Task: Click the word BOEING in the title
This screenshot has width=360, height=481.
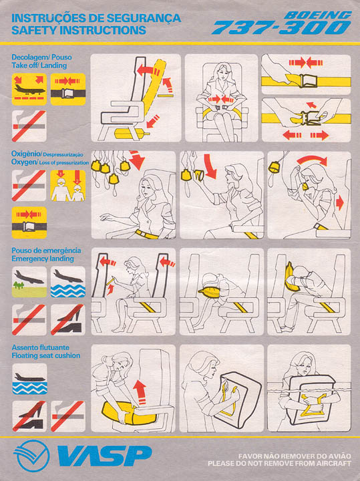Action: click(317, 15)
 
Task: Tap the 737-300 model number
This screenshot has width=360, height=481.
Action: click(281, 27)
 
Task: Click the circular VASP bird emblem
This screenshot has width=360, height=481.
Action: click(31, 456)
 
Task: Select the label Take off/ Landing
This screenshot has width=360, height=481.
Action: click(39, 65)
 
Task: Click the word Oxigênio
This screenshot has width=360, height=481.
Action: click(26, 154)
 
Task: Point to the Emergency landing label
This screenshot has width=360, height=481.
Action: click(43, 259)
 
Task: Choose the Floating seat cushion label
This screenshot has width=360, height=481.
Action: click(46, 355)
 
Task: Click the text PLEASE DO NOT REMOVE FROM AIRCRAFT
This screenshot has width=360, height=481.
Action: click(279, 464)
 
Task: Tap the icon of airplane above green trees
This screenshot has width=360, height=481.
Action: click(29, 282)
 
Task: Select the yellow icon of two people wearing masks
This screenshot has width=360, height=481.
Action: click(67, 186)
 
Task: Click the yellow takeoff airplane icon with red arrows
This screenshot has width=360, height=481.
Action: click(29, 90)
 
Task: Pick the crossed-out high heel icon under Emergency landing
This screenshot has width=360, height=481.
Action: click(67, 319)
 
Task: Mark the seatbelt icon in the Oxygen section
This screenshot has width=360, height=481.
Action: click(29, 222)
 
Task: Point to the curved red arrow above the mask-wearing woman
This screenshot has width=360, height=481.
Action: click(312, 160)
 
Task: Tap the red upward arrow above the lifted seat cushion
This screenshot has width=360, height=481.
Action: click(140, 392)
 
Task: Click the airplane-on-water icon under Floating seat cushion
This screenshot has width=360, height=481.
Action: click(30, 379)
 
